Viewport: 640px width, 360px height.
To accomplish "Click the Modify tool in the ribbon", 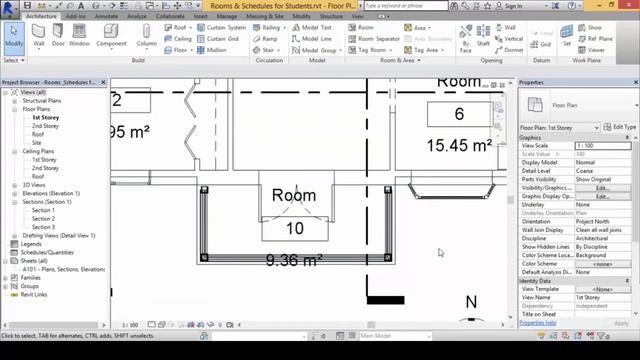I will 14,40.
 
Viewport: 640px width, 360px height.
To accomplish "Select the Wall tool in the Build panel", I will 39,40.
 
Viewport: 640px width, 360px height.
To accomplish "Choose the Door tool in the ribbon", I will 60,40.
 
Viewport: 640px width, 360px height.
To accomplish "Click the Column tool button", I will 147,40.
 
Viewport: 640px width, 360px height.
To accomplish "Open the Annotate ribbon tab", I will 104,17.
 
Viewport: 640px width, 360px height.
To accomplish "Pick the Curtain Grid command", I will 225,38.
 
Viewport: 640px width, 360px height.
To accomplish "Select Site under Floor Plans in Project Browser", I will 38,143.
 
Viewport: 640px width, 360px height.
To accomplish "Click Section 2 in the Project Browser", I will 43,219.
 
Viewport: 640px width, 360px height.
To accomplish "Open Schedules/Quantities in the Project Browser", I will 49,252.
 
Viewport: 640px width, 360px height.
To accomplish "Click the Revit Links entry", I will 36,294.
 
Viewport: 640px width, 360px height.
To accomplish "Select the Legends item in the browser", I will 32,244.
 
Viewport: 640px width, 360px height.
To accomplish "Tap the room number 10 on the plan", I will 294,229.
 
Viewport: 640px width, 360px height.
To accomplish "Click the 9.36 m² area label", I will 293,261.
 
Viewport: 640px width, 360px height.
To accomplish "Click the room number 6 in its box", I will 459,114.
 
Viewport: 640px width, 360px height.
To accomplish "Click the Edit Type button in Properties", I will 623,128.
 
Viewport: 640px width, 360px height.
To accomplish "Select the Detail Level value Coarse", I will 585,171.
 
